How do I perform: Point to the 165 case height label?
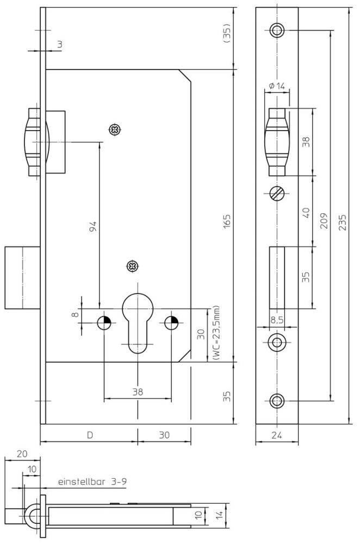point(227,222)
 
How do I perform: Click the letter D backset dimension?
point(90,435)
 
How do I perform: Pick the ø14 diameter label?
point(277,85)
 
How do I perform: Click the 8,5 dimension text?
point(277,320)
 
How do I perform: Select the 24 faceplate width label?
point(277,435)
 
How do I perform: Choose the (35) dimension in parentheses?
point(227,34)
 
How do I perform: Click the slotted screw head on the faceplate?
point(276,194)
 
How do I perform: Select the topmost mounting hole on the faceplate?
point(277,30)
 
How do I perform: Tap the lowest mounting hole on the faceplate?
point(277,401)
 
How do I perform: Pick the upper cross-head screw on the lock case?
point(115,129)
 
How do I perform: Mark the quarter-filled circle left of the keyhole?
point(104,323)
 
